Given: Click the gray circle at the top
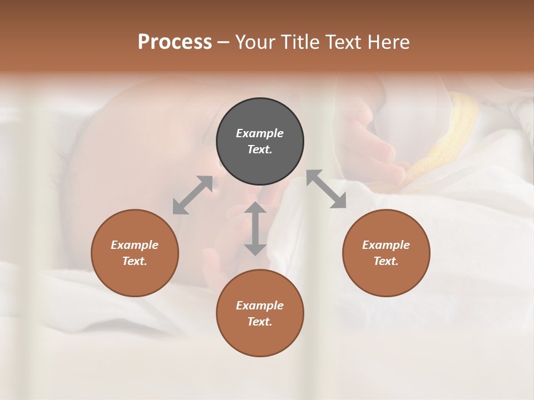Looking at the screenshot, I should point(260,142).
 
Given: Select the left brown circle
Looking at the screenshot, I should point(135,253).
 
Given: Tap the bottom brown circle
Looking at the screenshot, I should point(260,313).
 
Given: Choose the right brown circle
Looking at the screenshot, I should point(386,253).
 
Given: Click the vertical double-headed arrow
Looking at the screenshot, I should point(255,228).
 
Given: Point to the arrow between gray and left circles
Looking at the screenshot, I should point(192,195).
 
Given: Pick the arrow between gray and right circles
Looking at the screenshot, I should point(327,189).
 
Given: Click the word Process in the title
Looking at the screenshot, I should point(175,42).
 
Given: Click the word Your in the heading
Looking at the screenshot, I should point(253,42).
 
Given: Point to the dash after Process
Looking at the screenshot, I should point(224,42).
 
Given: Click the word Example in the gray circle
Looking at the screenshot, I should point(260,133).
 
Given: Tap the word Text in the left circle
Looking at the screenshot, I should point(135,261).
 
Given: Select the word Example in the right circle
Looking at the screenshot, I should point(386,245).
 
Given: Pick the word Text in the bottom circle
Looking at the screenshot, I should point(260,322).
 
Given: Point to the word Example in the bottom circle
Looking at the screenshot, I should point(260,306).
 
